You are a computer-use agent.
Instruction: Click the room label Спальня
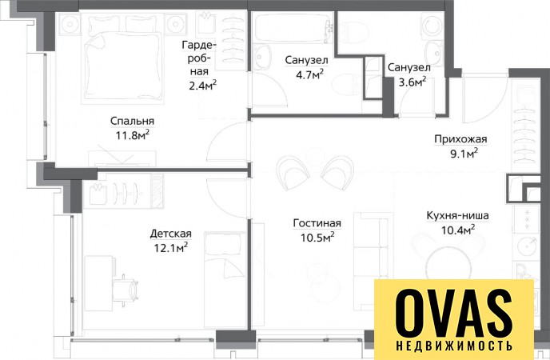132,121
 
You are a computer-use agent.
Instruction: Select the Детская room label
171,234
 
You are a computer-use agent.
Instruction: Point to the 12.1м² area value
171,248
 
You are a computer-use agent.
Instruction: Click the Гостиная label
317,223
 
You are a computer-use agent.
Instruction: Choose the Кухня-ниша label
458,215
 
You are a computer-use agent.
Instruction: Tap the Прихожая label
461,139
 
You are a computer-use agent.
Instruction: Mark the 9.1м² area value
464,154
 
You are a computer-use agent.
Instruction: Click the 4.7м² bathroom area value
309,74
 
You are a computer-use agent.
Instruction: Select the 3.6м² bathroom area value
412,82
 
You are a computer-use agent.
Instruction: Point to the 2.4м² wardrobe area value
202,86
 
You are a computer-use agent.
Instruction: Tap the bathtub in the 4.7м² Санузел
293,28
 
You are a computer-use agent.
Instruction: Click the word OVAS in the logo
454,314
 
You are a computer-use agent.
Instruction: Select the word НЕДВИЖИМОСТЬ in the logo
454,346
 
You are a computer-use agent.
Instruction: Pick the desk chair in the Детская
127,290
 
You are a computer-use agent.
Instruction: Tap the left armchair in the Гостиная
293,173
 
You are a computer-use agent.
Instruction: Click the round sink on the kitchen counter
527,245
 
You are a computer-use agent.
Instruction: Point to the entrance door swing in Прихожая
484,98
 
